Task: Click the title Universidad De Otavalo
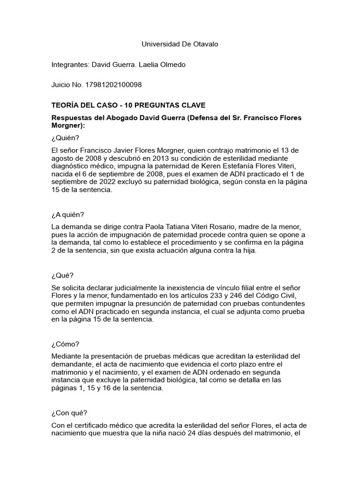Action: click(180, 44)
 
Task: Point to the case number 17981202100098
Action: click(113, 85)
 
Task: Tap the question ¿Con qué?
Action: click(69, 413)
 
